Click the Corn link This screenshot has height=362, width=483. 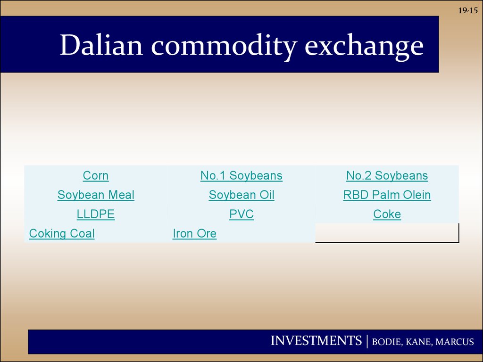tap(95, 176)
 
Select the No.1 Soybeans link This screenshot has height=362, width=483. tap(241, 176)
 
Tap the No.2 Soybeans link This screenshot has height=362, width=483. tap(387, 176)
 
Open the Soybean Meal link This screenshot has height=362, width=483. tap(96, 195)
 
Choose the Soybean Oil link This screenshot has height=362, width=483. tap(241, 195)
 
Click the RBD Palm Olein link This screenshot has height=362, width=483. tap(387, 195)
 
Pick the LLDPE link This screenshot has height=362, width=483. tap(95, 214)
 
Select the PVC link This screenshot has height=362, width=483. tap(241, 214)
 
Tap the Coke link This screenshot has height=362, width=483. tap(387, 214)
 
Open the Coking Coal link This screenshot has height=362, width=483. tap(62, 234)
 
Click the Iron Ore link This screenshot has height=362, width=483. tap(194, 234)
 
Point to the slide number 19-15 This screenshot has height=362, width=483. tap(468, 10)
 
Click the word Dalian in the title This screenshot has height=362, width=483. tap(101, 45)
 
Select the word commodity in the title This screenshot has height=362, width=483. tap(224, 47)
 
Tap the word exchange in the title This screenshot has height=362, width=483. tap(364, 47)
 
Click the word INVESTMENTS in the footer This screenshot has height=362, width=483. tap(316, 341)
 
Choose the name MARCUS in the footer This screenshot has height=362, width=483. tap(455, 342)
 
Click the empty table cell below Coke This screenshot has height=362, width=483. tap(387, 233)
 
